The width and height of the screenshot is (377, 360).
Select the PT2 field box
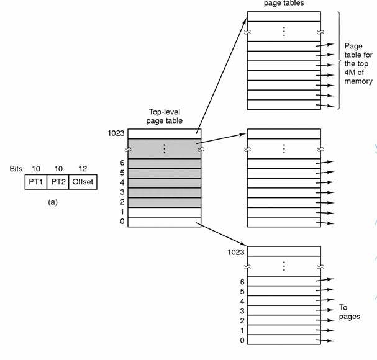tap(58, 182)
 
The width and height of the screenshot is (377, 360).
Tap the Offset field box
tap(83, 182)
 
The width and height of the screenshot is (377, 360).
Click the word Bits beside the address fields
tap(16, 169)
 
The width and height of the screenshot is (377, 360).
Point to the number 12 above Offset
tap(83, 169)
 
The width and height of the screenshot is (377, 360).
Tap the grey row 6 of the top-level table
tap(165, 163)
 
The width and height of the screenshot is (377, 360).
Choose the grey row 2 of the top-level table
tap(165, 202)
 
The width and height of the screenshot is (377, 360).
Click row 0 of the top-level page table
tap(165, 222)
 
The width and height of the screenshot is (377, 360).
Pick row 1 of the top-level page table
tap(165, 212)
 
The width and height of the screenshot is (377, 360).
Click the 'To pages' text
tap(349, 312)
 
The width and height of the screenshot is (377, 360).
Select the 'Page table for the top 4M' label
tap(358, 64)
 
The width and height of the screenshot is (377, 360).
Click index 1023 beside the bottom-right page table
tap(236, 252)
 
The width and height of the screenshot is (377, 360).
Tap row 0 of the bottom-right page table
tap(284, 341)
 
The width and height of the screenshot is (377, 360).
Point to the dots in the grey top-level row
tap(165, 147)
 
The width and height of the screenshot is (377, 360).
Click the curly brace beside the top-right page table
tap(338, 60)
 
